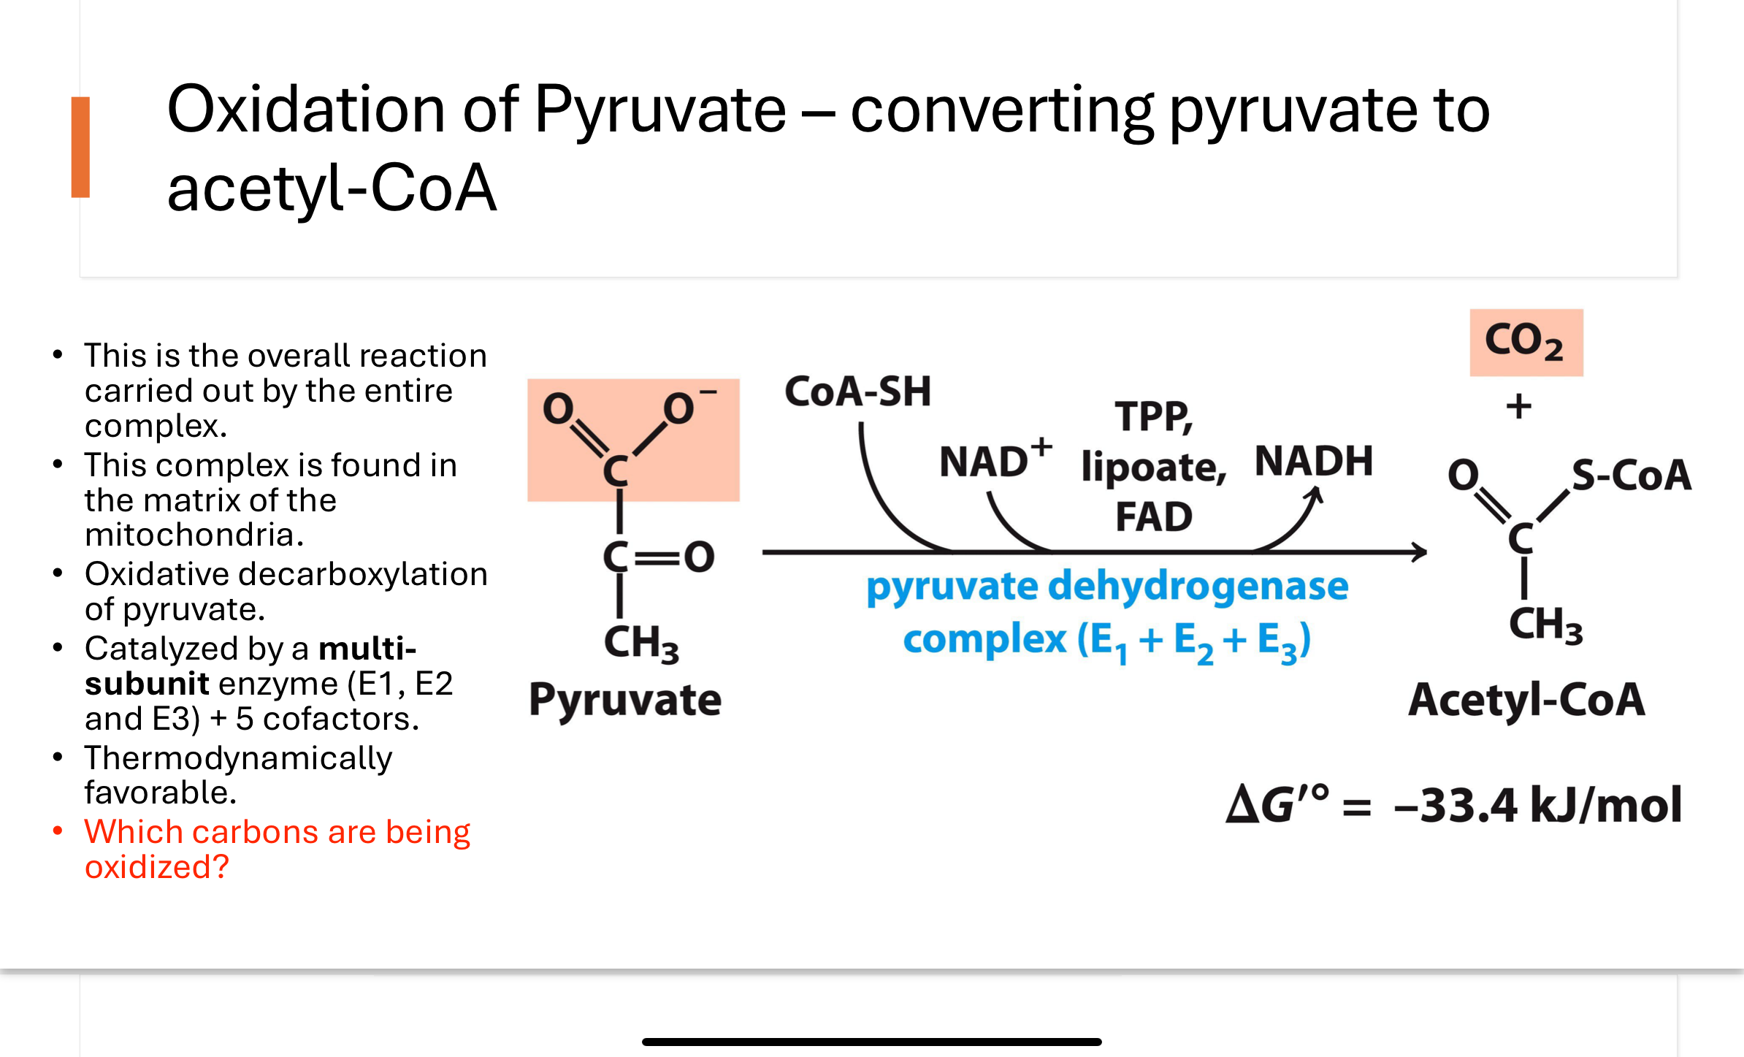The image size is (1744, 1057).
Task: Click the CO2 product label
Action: coord(1525,342)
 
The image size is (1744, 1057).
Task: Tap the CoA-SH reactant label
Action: coord(857,392)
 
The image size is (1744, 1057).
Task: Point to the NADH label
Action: coord(1313,461)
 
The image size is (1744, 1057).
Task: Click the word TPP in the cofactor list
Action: coord(1152,417)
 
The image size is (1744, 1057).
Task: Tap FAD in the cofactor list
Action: coord(1153,516)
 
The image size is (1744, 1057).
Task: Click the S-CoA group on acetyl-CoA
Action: coord(1630,475)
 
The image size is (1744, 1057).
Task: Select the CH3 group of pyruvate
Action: coord(640,643)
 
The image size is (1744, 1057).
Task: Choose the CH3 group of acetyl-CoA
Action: coord(1545,625)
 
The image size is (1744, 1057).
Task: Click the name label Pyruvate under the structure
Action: coord(624,700)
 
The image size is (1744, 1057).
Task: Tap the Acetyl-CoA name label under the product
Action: coord(1526,700)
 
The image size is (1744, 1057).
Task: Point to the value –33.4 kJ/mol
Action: coord(1537,805)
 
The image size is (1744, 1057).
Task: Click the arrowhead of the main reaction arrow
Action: coord(1419,552)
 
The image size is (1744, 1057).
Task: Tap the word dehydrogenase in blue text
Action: coord(1198,586)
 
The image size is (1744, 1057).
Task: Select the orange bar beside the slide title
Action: coord(80,147)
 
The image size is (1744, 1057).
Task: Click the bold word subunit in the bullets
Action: coord(147,684)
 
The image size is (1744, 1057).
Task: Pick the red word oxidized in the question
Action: coord(156,867)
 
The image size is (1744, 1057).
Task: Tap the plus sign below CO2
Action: coord(1518,406)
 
